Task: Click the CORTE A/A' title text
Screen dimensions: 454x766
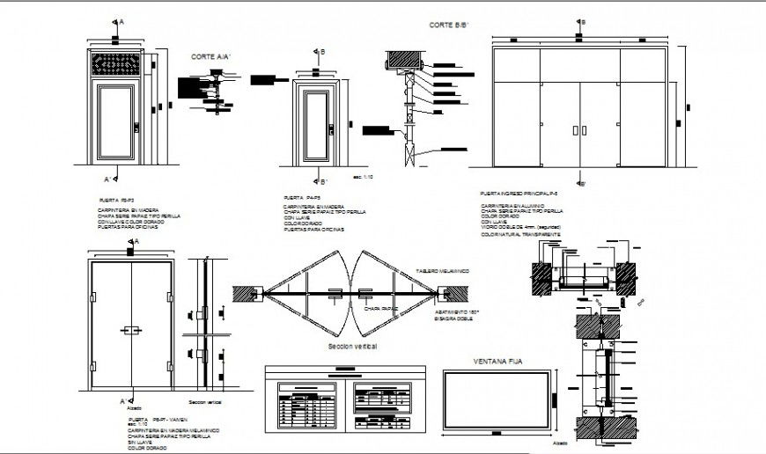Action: click(x=211, y=56)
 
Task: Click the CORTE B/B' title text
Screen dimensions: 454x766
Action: click(x=446, y=26)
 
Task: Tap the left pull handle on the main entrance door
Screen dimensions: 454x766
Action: click(x=573, y=130)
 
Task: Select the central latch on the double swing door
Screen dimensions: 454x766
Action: click(x=131, y=330)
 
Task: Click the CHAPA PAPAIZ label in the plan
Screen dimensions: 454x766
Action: click(x=381, y=309)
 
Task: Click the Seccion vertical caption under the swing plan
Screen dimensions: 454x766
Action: click(x=352, y=348)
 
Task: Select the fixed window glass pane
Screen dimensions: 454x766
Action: click(x=497, y=400)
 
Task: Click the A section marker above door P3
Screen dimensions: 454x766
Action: click(x=116, y=22)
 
